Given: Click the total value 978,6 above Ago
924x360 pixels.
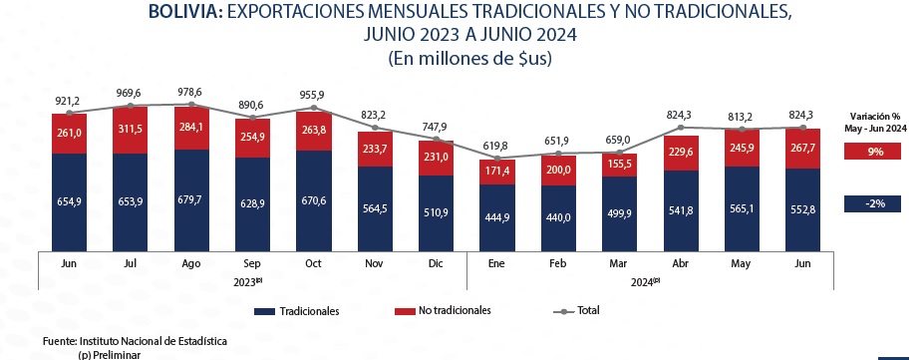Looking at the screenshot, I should (x=191, y=91).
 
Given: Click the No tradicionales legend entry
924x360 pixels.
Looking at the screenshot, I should (x=445, y=311).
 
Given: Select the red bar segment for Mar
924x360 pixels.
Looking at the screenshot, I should (x=621, y=165).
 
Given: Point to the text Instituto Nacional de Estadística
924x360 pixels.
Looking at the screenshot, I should (x=153, y=341).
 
